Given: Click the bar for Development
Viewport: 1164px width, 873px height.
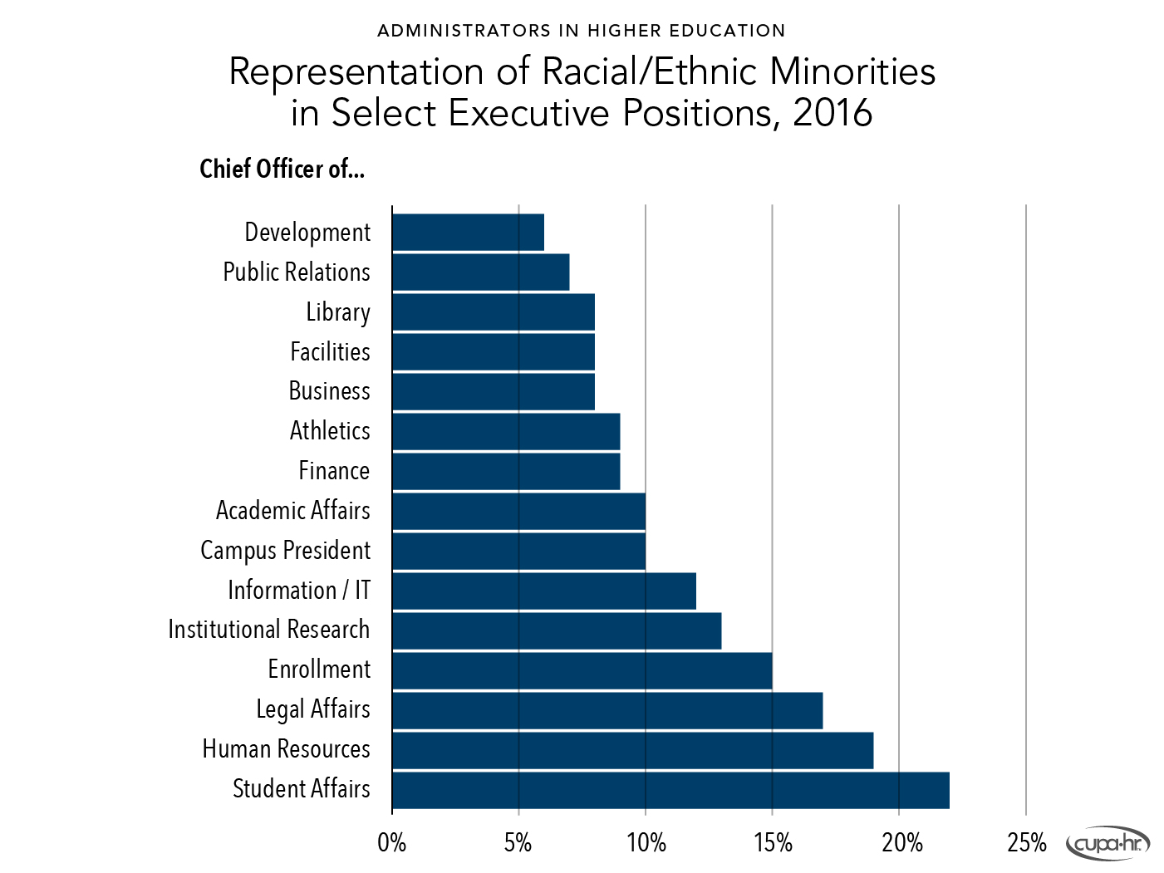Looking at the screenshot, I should pos(468,233).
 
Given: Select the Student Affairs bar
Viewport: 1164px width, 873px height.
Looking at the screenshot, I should pos(670,790).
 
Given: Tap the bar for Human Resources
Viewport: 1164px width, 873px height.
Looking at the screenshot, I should pos(632,750).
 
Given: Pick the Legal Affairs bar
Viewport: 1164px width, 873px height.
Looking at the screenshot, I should pos(607,711).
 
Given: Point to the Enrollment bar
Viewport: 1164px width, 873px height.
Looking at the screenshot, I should pos(582,671).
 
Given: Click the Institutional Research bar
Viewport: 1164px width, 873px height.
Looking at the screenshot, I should pos(557,631).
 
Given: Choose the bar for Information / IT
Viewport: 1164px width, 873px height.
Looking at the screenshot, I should pos(544,591).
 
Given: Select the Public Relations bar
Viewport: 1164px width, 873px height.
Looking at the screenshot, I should pos(480,272).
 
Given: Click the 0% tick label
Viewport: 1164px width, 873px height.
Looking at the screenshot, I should pos(391,844).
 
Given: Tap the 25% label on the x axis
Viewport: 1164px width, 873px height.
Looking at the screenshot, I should pos(1026,844).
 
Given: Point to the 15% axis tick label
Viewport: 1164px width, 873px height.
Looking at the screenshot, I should pos(773,844).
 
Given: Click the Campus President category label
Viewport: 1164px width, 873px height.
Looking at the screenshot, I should pos(285,551).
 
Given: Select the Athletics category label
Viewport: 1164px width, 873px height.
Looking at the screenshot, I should pos(330,431).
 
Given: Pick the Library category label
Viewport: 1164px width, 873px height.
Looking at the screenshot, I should pos(337,312).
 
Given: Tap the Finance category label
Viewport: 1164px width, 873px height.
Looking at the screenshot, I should pos(334,471).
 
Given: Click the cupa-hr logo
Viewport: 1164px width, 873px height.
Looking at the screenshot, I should pos(1108,844).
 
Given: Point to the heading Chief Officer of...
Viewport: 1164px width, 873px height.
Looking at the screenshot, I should pos(282,169).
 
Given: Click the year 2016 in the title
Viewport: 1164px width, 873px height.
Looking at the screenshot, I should pos(832,113).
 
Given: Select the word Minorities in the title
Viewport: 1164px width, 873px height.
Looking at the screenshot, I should pos(852,71).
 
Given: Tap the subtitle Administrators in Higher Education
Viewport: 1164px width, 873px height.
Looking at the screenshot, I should pos(581,31).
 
